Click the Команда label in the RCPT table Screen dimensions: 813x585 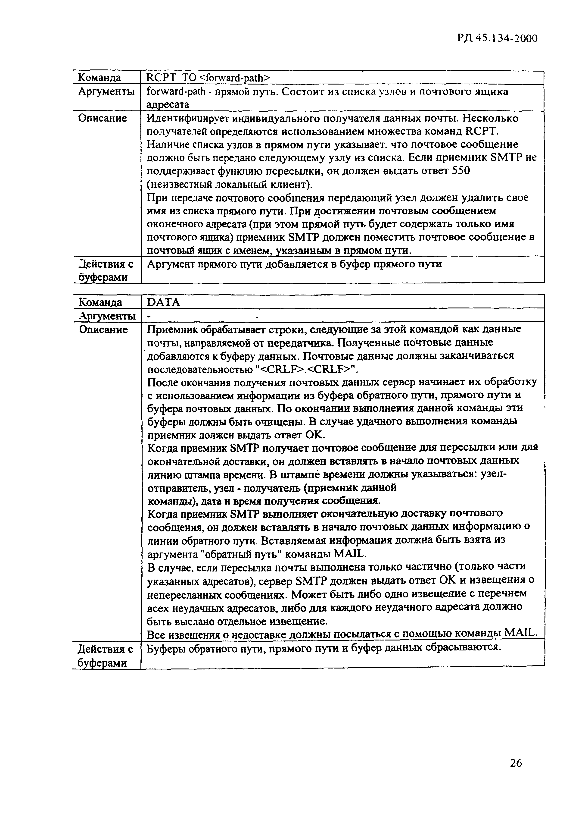[x=100, y=77]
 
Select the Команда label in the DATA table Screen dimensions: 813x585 [x=100, y=302]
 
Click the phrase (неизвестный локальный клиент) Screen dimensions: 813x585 [x=230, y=184]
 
